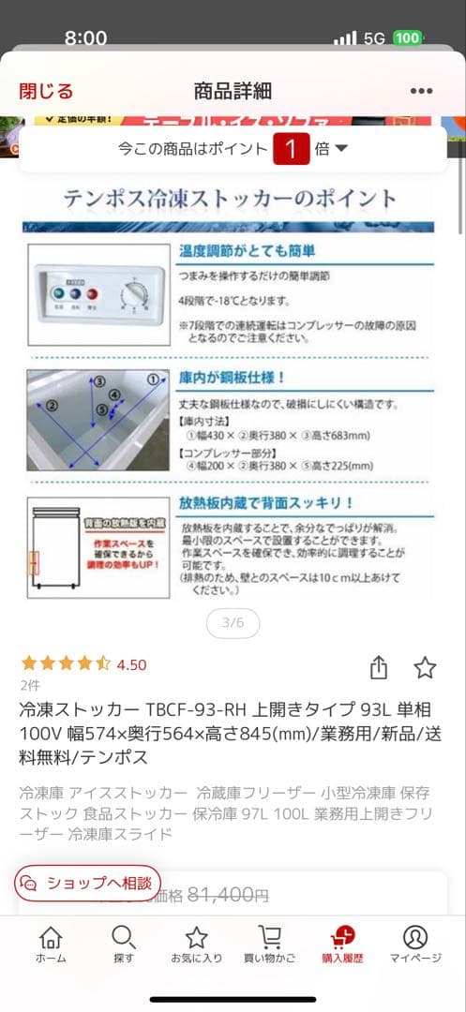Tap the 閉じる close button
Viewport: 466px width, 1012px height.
click(46, 91)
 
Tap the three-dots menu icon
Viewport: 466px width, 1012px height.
click(421, 91)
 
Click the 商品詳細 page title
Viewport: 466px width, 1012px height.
click(233, 91)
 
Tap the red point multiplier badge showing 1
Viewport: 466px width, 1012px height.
click(292, 149)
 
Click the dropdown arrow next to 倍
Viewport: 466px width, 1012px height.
click(341, 149)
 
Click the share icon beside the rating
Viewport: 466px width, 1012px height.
click(378, 667)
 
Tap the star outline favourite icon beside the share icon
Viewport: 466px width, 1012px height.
click(425, 667)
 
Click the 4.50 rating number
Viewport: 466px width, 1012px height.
click(131, 664)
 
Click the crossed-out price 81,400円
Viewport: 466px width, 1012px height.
click(228, 895)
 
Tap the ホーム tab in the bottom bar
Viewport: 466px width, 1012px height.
click(51, 944)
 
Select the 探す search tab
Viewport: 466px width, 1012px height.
click(123, 944)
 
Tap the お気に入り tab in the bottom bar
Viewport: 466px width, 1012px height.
click(196, 944)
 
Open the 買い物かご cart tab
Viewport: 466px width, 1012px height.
click(269, 944)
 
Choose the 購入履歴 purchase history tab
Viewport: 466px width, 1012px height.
click(342, 944)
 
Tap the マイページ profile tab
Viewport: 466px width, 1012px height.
click(415, 944)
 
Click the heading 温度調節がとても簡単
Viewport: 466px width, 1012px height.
click(247, 251)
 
